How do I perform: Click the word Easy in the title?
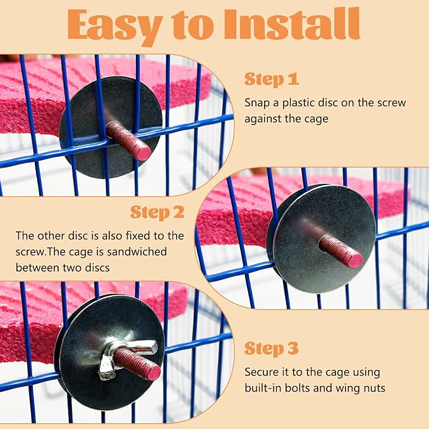(115, 26)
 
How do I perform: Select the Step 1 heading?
(271, 80)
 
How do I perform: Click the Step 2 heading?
(157, 212)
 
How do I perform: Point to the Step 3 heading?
(271, 349)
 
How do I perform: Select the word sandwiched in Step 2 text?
(136, 251)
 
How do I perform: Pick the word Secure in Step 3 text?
(262, 372)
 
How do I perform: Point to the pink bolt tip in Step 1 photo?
(143, 154)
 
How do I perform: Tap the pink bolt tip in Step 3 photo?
(153, 373)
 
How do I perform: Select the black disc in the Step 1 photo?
(111, 127)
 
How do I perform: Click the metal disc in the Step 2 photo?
(323, 239)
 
